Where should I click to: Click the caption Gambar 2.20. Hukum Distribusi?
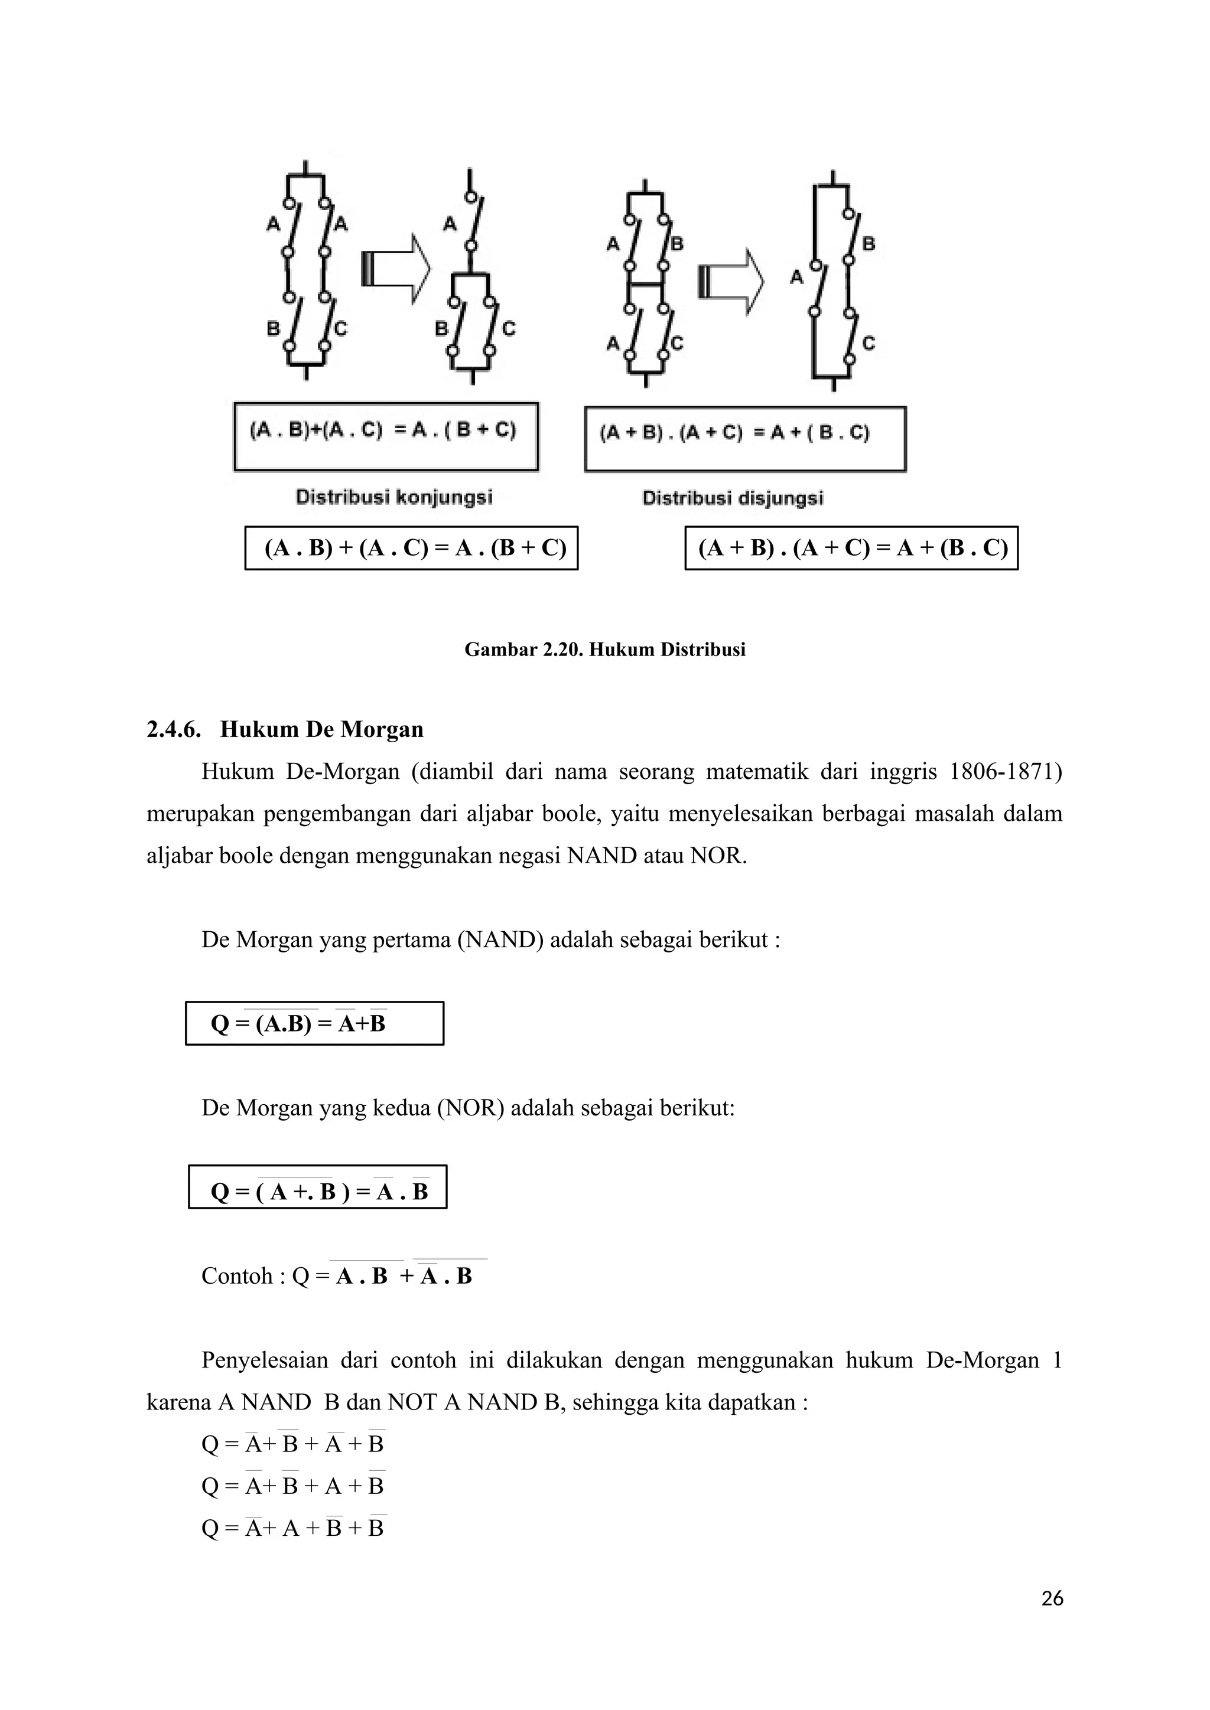pyautogui.click(x=604, y=650)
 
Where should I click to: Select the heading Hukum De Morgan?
pyautogui.click(x=321, y=729)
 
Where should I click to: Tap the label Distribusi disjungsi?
pyautogui.click(x=733, y=498)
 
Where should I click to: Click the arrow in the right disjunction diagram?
pyautogui.click(x=731, y=282)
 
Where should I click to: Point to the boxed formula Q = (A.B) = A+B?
pyautogui.click(x=314, y=1023)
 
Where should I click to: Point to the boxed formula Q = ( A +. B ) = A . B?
pyautogui.click(x=317, y=1192)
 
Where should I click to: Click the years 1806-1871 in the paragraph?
pyautogui.click(x=1004, y=772)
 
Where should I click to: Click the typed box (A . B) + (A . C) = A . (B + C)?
pyautogui.click(x=411, y=548)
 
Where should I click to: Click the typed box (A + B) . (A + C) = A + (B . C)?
pyautogui.click(x=851, y=548)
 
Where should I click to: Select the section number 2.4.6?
pyautogui.click(x=174, y=729)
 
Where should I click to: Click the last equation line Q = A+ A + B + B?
pyautogui.click(x=292, y=1528)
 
